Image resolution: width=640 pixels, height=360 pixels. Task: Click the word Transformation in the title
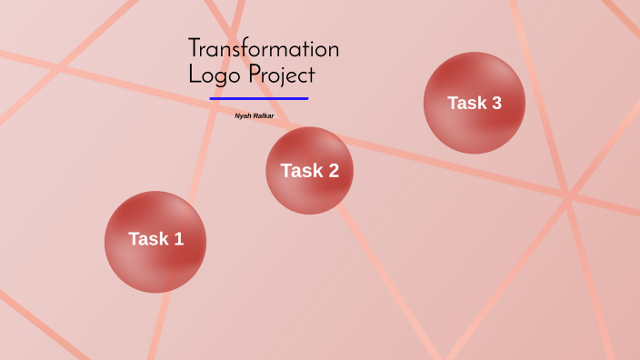[x=264, y=49]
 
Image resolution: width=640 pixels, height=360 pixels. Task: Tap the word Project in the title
[x=282, y=75]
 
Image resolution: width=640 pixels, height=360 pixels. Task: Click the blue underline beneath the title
[x=259, y=98]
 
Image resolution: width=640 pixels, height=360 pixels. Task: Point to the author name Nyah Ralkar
[x=255, y=116]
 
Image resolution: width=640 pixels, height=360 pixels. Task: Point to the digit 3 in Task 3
[x=495, y=103]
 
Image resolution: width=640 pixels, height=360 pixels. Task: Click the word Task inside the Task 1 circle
[x=148, y=239]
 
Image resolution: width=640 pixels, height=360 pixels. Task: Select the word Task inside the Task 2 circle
[x=301, y=171]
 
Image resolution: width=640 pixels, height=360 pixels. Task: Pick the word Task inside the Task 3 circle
[x=467, y=103]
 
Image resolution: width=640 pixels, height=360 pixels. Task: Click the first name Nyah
[x=244, y=116]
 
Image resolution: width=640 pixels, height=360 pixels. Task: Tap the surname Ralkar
[x=264, y=116]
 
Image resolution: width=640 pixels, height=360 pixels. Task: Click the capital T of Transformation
[x=195, y=49]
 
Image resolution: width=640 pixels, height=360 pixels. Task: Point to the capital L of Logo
[x=193, y=75]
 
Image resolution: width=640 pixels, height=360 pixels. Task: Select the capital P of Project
[x=255, y=75]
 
